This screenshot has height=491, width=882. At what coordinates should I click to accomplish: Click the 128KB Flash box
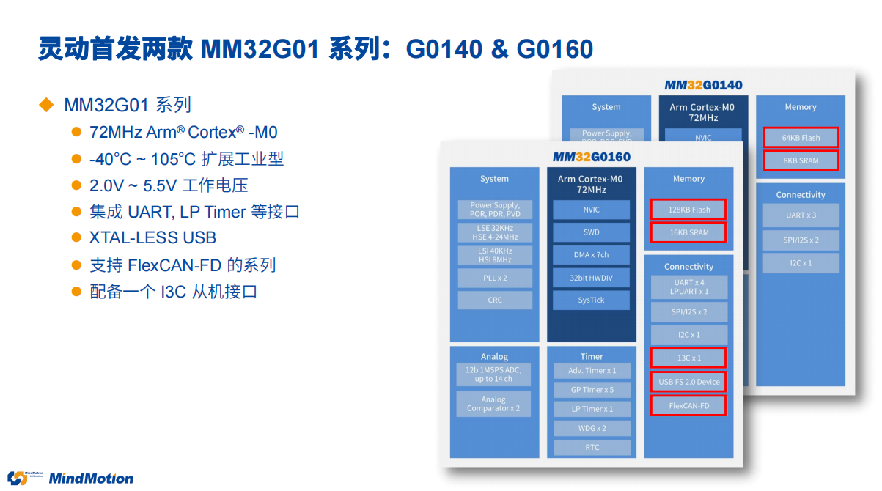coord(688,210)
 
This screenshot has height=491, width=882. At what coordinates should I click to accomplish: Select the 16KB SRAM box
coord(688,233)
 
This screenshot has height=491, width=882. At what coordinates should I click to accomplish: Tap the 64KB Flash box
coord(801,138)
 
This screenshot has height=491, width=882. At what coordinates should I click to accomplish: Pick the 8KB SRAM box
coord(801,160)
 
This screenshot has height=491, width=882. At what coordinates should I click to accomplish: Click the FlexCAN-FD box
coord(688,405)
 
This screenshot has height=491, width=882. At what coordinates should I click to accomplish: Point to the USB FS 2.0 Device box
coord(688,382)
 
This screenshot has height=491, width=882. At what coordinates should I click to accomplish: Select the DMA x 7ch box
coord(591,255)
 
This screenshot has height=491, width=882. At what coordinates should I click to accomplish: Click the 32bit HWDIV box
coord(591,278)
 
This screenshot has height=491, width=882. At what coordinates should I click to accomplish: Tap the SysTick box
coord(591,300)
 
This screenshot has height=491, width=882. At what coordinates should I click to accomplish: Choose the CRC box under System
coord(495,300)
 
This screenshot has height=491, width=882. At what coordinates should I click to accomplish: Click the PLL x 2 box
coord(495,278)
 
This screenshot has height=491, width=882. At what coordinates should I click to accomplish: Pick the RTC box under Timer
coord(592,448)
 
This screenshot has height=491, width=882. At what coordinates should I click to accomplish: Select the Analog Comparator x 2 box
coord(493,404)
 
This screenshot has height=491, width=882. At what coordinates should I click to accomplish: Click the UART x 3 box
coord(801,215)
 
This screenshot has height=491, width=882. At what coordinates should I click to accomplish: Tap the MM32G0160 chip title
coord(591,157)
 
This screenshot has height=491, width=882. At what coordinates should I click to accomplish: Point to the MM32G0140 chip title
coord(703,85)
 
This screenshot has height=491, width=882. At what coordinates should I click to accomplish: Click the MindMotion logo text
coord(90,479)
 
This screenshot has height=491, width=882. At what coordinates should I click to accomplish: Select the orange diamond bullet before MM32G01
coord(46,105)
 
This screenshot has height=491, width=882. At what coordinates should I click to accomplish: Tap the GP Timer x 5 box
coord(592,390)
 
